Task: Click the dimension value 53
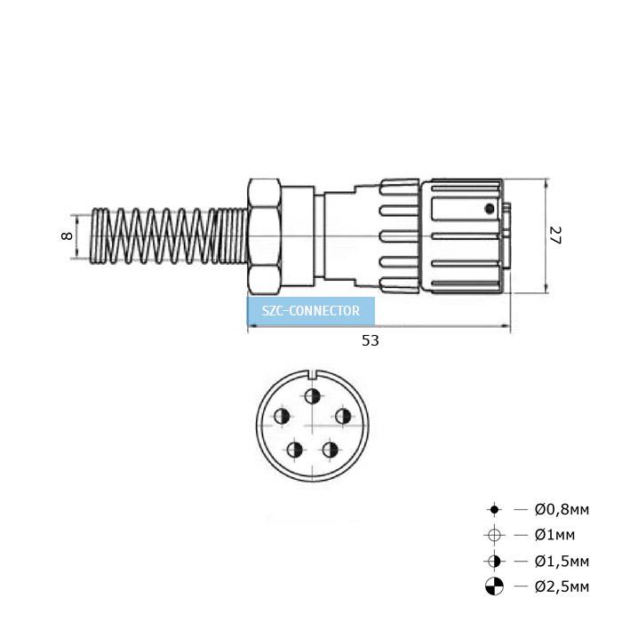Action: tap(371, 340)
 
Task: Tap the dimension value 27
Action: tap(555, 235)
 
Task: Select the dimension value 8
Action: tap(67, 235)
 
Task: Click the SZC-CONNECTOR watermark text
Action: tap(311, 311)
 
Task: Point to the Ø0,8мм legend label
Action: tap(562, 509)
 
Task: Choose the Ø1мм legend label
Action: tap(554, 535)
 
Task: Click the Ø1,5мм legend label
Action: tap(562, 562)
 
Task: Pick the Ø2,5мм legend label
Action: tap(562, 586)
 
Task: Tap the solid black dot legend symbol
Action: tap(494, 509)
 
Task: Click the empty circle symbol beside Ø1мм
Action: tap(494, 535)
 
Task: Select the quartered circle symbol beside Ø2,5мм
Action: tap(494, 586)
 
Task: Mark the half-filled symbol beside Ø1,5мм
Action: tap(494, 562)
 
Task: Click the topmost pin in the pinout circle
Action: tap(313, 395)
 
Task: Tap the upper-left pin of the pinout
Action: tap(282, 416)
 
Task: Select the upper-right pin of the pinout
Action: tap(343, 416)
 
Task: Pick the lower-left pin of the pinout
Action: tap(295, 450)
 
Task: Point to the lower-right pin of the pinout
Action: tap(330, 450)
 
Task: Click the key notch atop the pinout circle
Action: tap(314, 374)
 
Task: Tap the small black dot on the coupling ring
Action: tap(490, 209)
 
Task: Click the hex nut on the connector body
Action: tap(264, 236)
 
